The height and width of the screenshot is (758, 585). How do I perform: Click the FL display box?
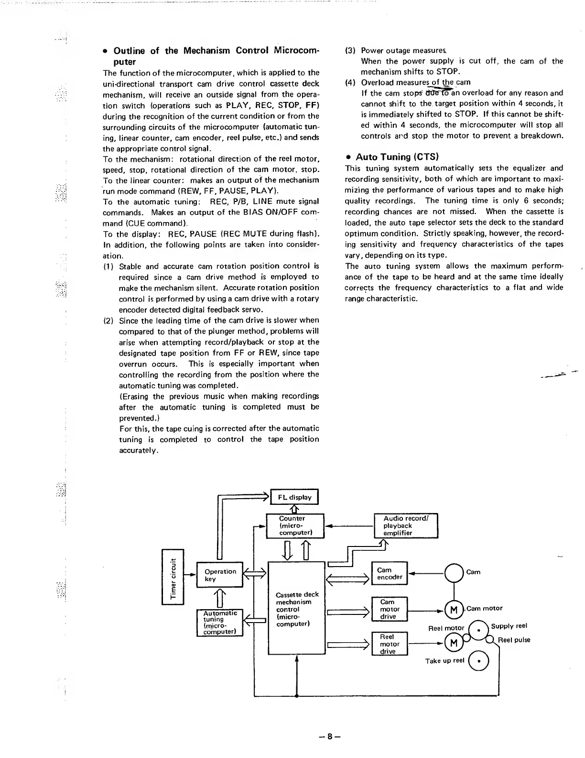(294, 497)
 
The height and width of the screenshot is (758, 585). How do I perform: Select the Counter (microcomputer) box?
(295, 525)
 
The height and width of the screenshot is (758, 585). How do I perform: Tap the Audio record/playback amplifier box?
(405, 525)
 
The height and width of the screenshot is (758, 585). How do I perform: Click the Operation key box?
(220, 575)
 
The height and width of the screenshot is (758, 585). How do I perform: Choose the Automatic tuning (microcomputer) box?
(220, 622)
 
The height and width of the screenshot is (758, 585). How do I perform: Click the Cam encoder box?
(390, 573)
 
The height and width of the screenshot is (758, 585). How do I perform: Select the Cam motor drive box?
(389, 609)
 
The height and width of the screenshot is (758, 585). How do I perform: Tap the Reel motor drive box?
(389, 644)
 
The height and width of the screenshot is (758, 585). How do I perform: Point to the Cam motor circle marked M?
(454, 610)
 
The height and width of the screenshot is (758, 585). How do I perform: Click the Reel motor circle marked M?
(454, 643)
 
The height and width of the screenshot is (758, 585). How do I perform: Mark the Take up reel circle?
(479, 661)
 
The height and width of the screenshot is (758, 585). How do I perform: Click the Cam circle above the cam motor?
(454, 572)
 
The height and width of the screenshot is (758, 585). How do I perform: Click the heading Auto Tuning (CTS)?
(397, 157)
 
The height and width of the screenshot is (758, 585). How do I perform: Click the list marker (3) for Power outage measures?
(351, 50)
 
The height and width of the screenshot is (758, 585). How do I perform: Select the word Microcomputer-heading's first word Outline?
(129, 51)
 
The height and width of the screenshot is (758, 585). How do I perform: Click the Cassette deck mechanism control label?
(297, 609)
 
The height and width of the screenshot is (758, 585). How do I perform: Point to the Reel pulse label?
(514, 640)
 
